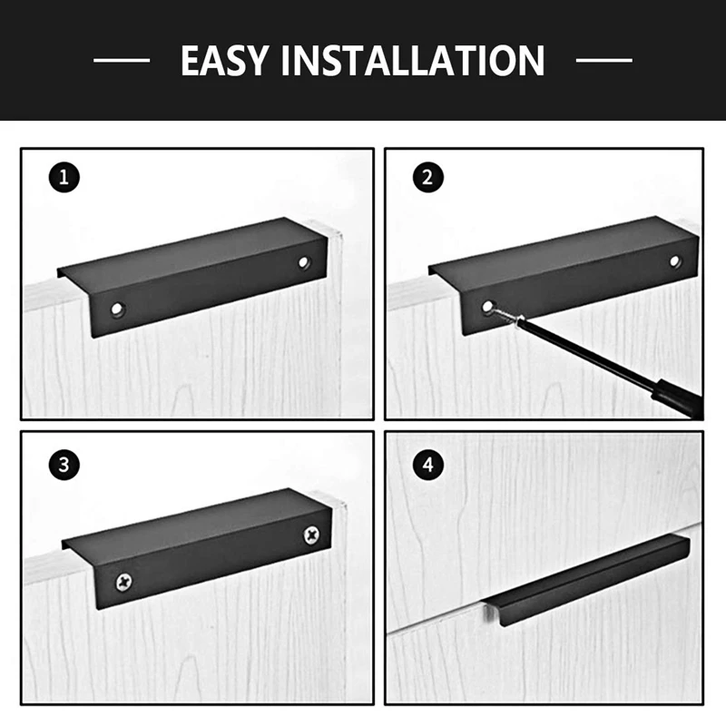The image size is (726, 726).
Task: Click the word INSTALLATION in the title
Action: [x=414, y=61]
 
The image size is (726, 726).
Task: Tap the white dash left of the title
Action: [x=122, y=61]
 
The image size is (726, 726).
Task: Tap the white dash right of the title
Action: [x=604, y=61]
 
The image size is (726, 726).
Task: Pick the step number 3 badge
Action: [x=64, y=466]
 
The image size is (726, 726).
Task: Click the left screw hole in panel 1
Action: [x=117, y=310]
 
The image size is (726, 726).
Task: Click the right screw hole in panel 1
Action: [x=303, y=262]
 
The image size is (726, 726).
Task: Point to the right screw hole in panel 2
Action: [x=674, y=261]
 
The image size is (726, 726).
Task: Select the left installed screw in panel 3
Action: [x=120, y=578]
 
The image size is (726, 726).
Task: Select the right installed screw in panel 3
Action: [x=312, y=534]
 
